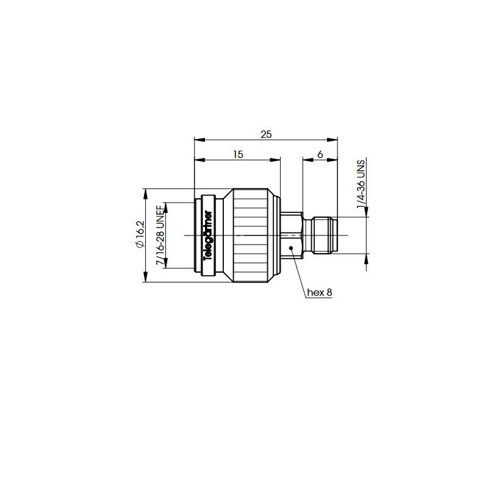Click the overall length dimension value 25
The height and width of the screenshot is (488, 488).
click(266, 134)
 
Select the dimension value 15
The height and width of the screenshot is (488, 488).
click(238, 154)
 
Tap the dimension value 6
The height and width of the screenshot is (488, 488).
click(320, 154)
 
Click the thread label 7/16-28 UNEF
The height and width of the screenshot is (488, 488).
click(160, 235)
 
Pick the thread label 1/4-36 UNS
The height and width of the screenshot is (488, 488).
click(361, 184)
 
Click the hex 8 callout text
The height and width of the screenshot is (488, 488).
click(320, 293)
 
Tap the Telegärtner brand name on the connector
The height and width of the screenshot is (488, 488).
click(208, 235)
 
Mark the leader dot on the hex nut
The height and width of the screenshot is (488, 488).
click(291, 248)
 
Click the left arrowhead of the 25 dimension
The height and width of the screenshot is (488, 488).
click(199, 140)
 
